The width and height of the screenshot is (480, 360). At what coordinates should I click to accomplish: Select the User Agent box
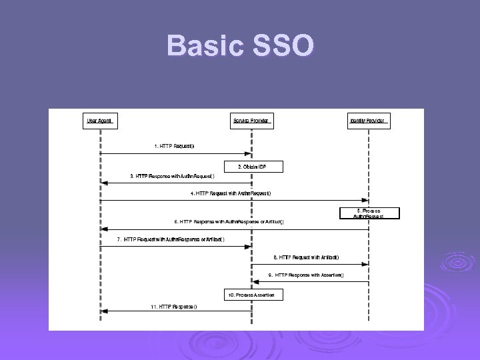[x=100, y=121]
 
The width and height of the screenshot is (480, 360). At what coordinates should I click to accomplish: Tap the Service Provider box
[x=251, y=121]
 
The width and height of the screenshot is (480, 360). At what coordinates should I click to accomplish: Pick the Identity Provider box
[x=369, y=121]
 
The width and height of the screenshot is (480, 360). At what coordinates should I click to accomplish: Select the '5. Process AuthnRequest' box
[x=378, y=213]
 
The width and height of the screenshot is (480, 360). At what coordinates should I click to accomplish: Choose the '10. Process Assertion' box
[x=251, y=294]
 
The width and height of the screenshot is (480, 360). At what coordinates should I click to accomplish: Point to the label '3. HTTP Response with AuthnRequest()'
[x=172, y=176]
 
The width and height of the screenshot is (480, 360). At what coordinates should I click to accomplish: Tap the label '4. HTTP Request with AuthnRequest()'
[x=231, y=193]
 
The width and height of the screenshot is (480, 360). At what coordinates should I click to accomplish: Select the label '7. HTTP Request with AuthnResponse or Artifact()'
[x=171, y=239]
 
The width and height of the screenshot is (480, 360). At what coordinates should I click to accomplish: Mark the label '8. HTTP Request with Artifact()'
[x=306, y=257]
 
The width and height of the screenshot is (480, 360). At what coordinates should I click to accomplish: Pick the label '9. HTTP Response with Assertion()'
[x=306, y=275]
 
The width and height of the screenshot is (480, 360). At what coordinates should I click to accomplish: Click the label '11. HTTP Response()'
[x=173, y=306]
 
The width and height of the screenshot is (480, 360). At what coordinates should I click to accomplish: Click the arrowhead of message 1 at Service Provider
[x=248, y=153]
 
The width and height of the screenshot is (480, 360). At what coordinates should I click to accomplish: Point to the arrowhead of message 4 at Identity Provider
[x=365, y=200]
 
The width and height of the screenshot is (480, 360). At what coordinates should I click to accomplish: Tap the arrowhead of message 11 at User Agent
[x=103, y=311]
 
